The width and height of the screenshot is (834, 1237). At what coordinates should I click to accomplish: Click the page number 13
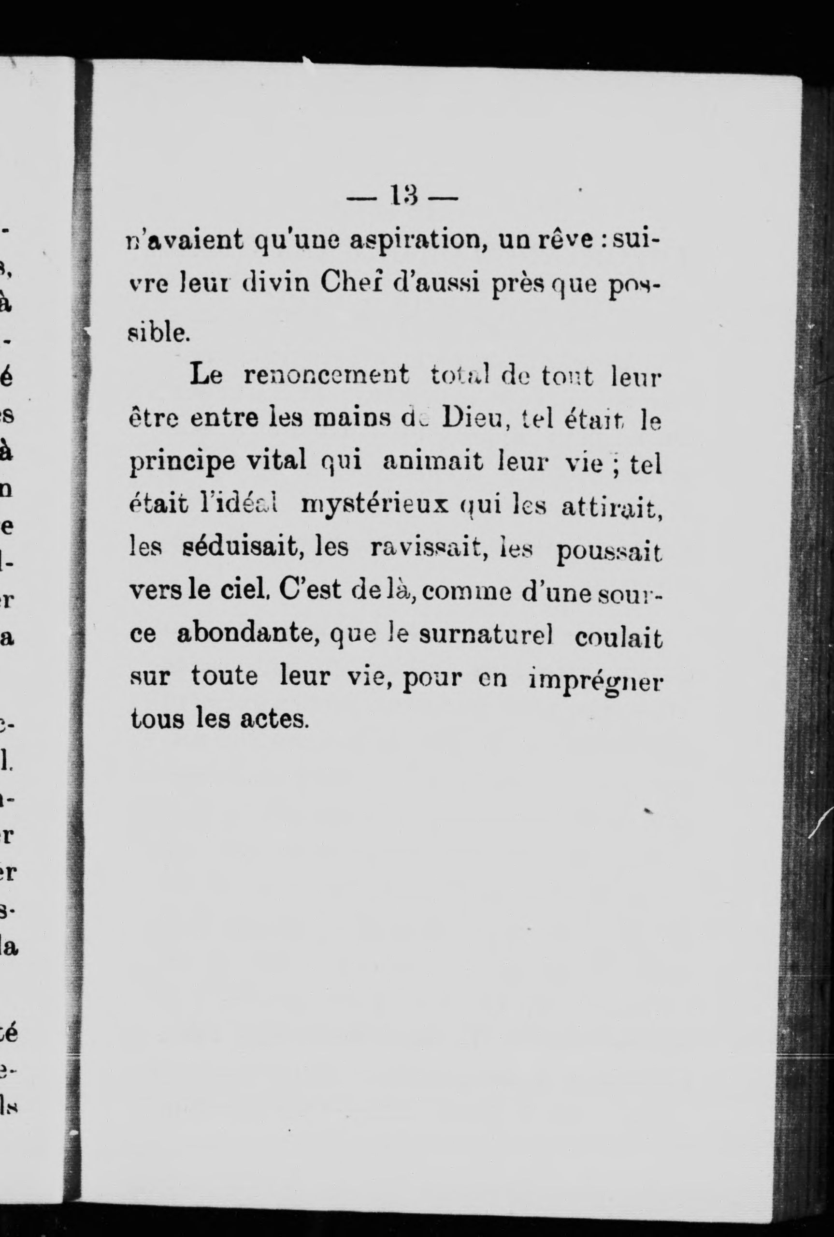click(403, 197)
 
